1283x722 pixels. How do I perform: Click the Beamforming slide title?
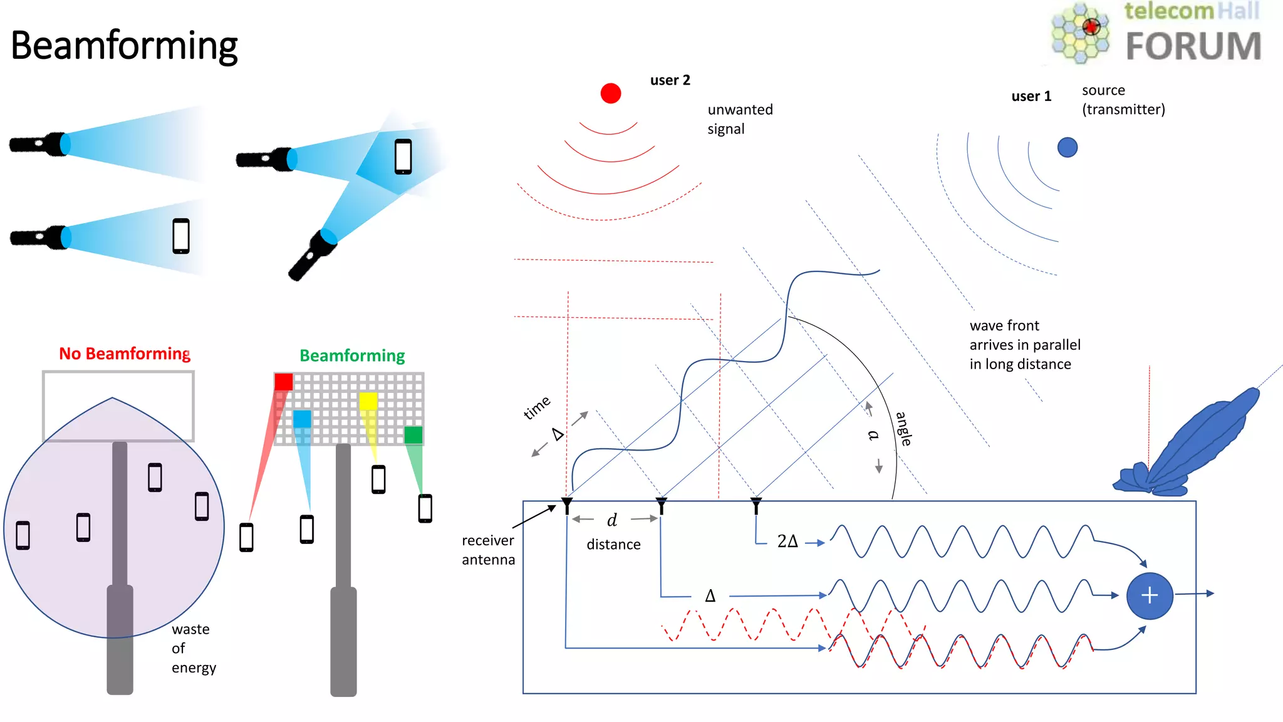[124, 46]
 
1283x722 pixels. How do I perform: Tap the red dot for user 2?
[610, 93]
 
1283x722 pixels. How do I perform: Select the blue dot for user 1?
[1067, 147]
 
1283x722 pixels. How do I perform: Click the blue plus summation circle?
[1149, 595]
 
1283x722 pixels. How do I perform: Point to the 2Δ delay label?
[787, 541]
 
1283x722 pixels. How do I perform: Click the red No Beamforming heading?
[125, 353]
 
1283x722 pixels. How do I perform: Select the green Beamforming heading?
[352, 355]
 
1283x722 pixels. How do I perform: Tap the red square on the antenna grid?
[283, 382]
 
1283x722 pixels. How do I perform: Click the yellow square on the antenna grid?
[368, 401]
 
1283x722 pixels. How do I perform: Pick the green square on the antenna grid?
[413, 434]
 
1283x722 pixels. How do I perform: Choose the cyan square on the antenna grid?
[302, 419]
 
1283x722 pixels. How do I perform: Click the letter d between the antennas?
[612, 520]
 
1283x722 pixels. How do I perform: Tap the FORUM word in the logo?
[1193, 46]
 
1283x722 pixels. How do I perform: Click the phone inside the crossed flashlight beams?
[403, 156]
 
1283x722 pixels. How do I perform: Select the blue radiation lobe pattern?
[1190, 445]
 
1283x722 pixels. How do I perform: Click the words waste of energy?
[193, 648]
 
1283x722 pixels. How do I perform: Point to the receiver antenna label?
[488, 550]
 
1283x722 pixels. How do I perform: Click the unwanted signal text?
[740, 119]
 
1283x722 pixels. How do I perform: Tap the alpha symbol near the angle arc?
[873, 435]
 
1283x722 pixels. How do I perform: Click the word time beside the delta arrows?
[537, 407]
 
